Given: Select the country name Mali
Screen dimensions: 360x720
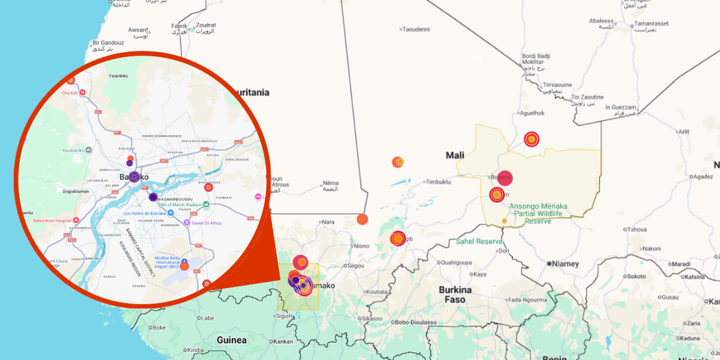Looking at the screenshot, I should [x=455, y=156].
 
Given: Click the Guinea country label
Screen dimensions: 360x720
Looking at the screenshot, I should [x=231, y=340].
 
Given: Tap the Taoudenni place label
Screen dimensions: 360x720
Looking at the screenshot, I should [x=416, y=29].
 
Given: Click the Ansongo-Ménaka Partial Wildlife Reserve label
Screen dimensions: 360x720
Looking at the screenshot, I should [x=538, y=213].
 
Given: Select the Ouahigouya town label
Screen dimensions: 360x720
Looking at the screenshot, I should [x=456, y=262].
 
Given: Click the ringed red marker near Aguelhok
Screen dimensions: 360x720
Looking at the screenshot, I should [x=531, y=139].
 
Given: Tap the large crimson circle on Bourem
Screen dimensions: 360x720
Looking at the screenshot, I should [x=505, y=178].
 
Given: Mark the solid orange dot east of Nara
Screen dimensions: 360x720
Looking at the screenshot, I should [x=362, y=219].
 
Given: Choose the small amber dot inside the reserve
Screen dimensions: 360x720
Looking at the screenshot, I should [x=505, y=221].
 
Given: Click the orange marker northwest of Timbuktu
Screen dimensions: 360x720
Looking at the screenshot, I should [x=398, y=162].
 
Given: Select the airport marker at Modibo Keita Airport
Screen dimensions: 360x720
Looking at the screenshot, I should [x=184, y=266].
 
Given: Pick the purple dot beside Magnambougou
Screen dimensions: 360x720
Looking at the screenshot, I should [x=153, y=197].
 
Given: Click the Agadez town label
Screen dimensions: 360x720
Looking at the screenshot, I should [x=702, y=176].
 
